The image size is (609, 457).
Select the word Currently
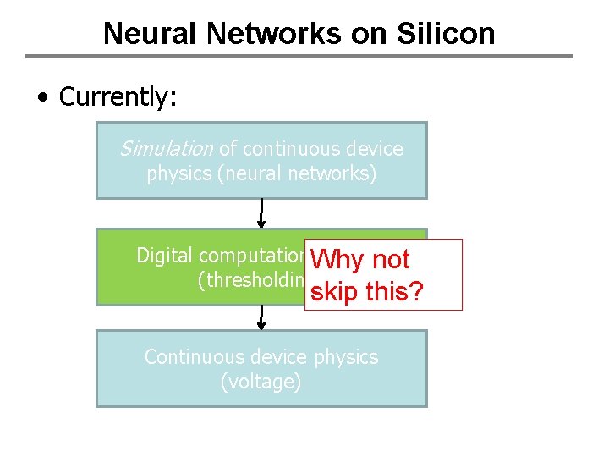pyautogui.click(x=117, y=97)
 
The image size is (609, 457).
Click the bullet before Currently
pyautogui.click(x=42, y=98)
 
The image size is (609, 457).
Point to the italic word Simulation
pyautogui.click(x=166, y=149)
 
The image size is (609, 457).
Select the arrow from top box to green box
pyautogui.click(x=261, y=213)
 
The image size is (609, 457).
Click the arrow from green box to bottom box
pyautogui.click(x=261, y=317)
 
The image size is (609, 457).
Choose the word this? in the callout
pyautogui.click(x=398, y=293)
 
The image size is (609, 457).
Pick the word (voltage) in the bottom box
pyautogui.click(x=261, y=383)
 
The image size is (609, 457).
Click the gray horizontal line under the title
pyautogui.click(x=299, y=57)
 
